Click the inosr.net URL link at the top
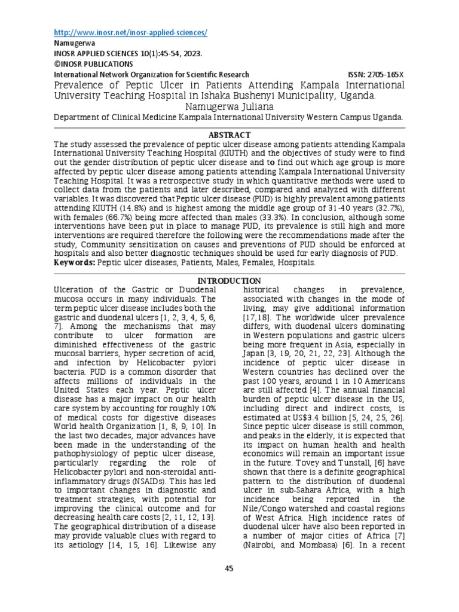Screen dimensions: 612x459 pos(130,32)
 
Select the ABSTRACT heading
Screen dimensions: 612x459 pos(229,135)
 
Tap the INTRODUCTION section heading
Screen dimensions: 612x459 pos(229,281)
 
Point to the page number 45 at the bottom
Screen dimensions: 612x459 pos(229,568)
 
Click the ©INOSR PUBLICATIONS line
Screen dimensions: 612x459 pos(93,64)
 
